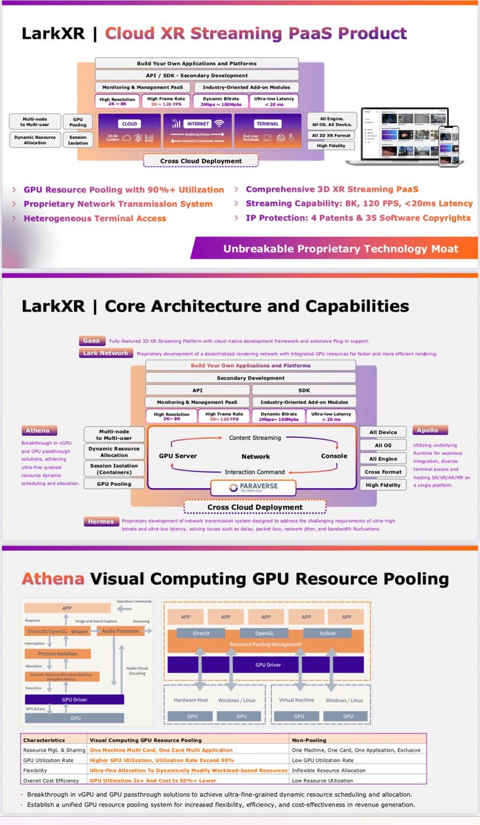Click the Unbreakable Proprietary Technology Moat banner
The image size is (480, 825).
340,248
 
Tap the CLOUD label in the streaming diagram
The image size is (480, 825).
129,124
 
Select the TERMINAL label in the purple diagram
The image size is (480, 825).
268,124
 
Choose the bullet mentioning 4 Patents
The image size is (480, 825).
358,218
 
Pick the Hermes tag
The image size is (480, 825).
100,522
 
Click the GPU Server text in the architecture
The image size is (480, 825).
177,456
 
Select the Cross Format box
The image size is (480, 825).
382,472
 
